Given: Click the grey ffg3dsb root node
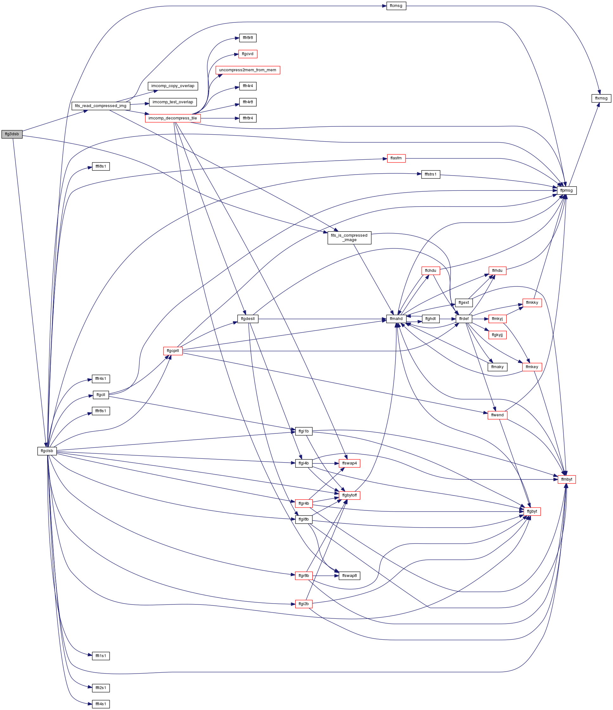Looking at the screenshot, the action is click(12, 134).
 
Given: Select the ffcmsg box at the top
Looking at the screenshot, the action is click(396, 6).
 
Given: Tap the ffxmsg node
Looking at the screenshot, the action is click(601, 98).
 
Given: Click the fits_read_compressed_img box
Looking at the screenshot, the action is click(101, 106).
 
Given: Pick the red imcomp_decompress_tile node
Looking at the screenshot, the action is click(173, 118).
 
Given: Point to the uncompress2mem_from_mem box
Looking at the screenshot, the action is click(248, 70).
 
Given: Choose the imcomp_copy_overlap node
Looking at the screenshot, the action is click(173, 86).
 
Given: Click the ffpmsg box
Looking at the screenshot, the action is click(567, 190).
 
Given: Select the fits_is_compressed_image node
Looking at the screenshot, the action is click(349, 238).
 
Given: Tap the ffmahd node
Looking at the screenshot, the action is click(396, 319).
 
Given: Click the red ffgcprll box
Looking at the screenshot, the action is click(173, 351).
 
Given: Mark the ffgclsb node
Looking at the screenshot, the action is click(47, 451).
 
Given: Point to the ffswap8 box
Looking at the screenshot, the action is click(349, 576).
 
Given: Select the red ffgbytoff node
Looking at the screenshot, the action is click(349, 495).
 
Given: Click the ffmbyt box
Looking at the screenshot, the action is click(567, 479).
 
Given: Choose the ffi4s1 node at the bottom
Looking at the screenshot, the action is click(101, 704).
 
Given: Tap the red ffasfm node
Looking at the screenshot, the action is click(396, 158).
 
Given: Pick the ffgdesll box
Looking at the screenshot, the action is click(248, 319).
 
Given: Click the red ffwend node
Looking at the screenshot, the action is click(497, 415).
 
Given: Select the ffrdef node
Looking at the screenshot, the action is click(463, 319).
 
